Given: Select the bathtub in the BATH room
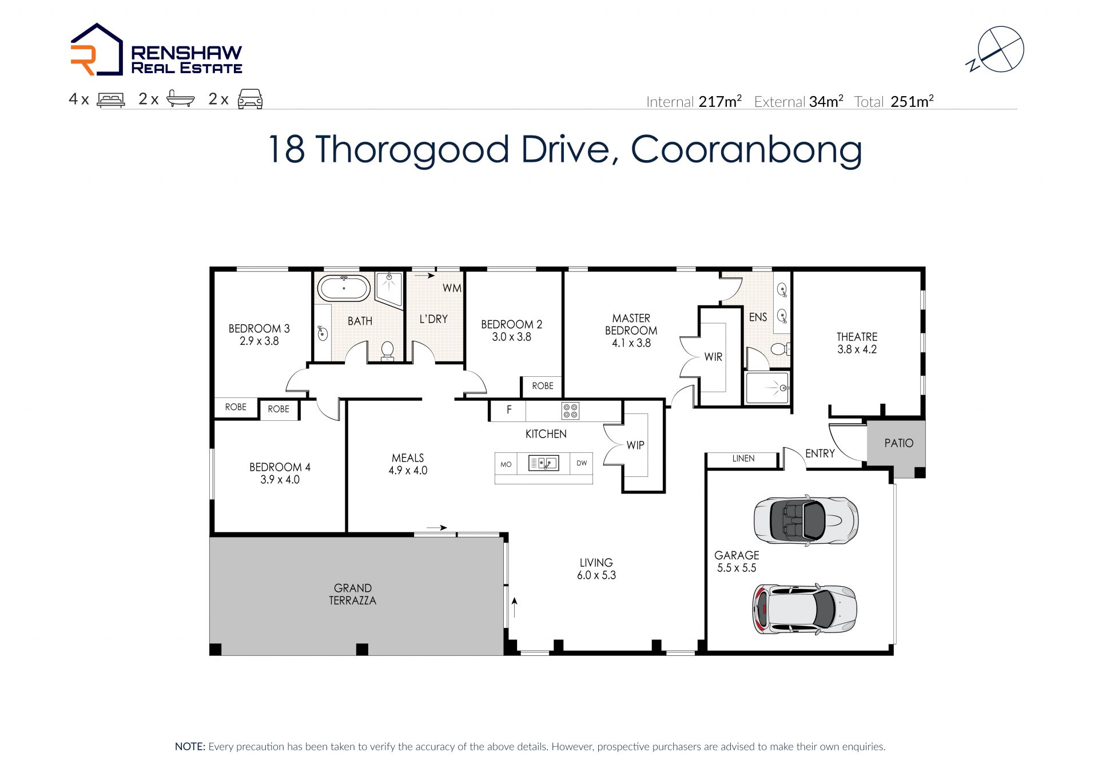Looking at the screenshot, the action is pos(344,288).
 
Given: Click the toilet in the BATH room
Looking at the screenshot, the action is pos(388,351).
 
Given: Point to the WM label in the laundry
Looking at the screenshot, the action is pos(452,288).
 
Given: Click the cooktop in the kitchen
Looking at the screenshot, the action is pos(570,410).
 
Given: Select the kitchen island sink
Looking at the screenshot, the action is pos(543,463).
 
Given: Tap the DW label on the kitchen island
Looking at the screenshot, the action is pos(582,463).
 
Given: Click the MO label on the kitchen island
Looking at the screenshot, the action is pos(506,464).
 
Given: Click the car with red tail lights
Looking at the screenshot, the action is pos(804,609).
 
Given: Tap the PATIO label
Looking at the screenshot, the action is pos(898,443).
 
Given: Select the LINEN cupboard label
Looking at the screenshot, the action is pos(743,459).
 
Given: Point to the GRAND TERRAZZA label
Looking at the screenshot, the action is pos(353,594).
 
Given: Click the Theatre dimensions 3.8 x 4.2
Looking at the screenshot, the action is pos(857,349).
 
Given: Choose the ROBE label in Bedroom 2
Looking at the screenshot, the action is pos(543,386).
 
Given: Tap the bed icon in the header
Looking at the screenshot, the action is pos(111,100).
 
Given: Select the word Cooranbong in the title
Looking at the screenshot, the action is pos(746,150).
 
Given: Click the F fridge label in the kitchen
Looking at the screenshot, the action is pos(509,409).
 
